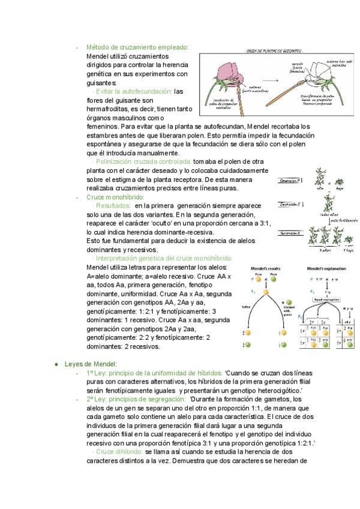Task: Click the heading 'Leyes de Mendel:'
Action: tap(90, 364)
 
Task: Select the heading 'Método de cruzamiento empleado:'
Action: tap(137, 47)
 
